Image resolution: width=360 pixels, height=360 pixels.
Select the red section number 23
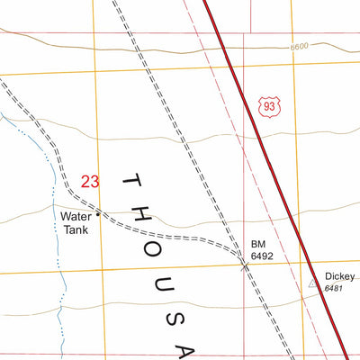90,181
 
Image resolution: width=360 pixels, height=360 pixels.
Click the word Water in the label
76,216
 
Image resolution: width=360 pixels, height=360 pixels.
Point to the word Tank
76,229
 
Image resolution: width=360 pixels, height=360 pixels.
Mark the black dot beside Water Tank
98,214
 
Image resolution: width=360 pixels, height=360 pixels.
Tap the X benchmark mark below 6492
245,265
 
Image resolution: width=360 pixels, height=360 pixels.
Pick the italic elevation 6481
333,288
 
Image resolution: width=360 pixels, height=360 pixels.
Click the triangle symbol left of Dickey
313,283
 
